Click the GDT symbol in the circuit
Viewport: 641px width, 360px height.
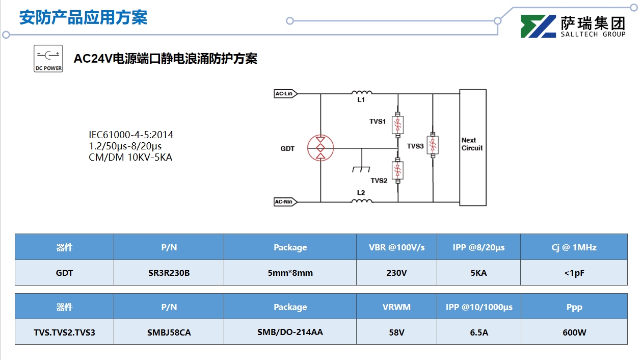tap(320, 148)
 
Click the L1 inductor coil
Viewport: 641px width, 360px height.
tap(361, 93)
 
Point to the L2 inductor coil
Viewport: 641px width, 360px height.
tap(361, 201)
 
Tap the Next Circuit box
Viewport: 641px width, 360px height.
tap(472, 147)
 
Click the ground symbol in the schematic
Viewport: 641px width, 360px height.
tap(361, 168)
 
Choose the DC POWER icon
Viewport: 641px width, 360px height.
tap(48, 59)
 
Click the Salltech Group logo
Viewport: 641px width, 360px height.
tap(573, 27)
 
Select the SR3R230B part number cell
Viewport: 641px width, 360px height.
tap(169, 273)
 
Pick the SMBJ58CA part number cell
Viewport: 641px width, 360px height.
tap(169, 332)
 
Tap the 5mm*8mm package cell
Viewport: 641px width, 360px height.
tap(290, 273)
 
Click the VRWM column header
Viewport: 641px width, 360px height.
tap(396, 307)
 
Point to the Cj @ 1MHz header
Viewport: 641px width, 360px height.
tap(574, 247)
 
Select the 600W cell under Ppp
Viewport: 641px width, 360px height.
tap(574, 332)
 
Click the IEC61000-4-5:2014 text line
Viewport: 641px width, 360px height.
tap(131, 135)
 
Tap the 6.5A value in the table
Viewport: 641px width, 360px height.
tap(478, 332)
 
